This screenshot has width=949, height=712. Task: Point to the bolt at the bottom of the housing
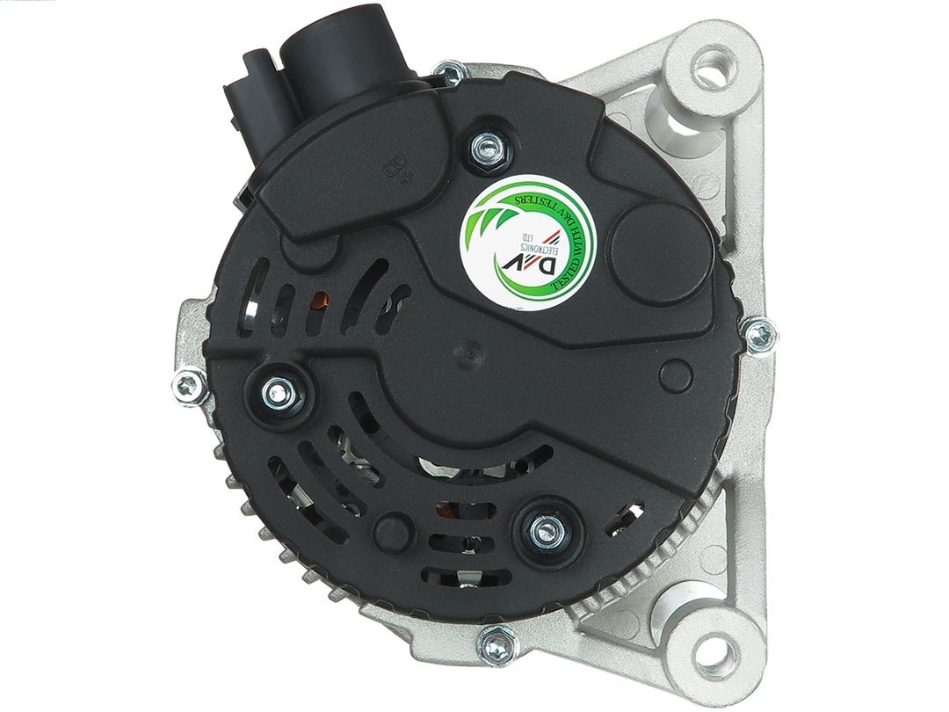click(x=497, y=648)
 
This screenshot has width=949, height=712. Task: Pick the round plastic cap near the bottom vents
click(x=389, y=531)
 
